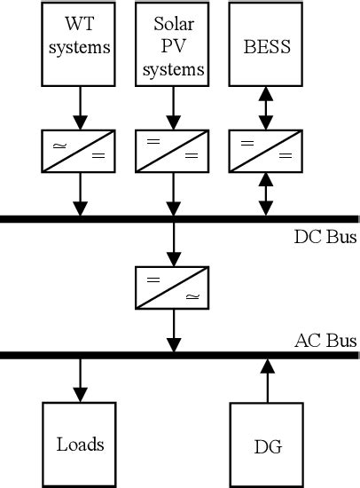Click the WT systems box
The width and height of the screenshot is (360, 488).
pos(81,44)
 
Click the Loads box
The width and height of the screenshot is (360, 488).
pos(81,445)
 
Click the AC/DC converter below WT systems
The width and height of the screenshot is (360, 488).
pos(81,150)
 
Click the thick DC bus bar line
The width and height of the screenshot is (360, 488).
pos(133,217)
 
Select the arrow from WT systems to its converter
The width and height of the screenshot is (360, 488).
pos(81,108)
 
